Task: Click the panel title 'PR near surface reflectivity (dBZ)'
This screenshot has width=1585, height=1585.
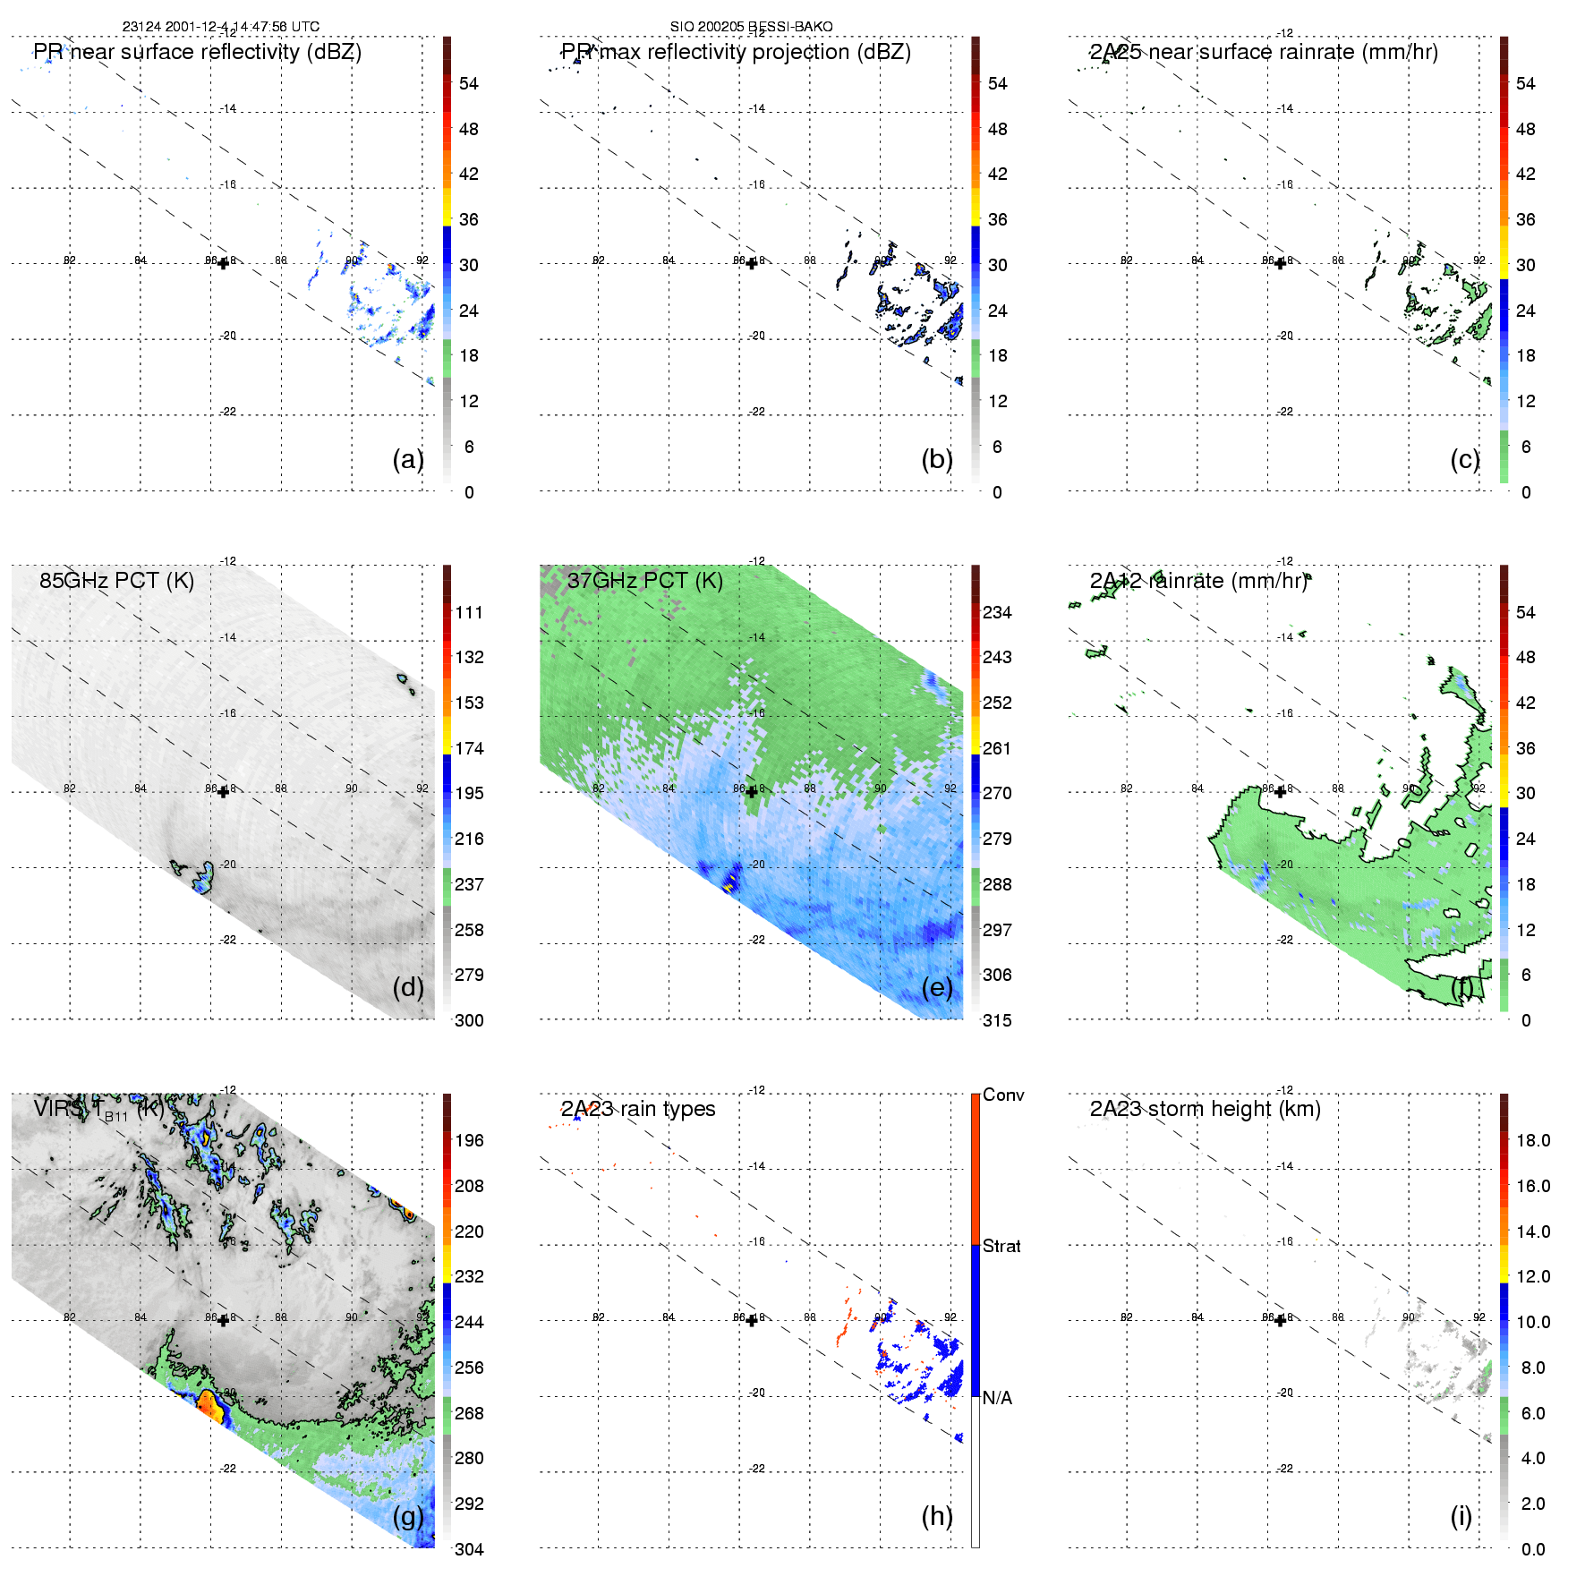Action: (197, 52)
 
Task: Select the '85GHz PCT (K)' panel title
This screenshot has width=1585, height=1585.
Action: (116, 580)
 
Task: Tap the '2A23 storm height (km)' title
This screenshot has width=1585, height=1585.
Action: (1205, 1109)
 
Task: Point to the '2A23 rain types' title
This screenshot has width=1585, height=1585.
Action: (638, 1109)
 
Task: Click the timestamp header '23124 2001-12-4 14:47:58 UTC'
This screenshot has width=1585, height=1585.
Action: (220, 27)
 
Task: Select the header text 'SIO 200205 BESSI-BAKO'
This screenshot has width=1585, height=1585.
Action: (751, 27)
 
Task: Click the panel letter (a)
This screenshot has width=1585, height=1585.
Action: (408, 459)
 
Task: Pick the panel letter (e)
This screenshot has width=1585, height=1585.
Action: (937, 987)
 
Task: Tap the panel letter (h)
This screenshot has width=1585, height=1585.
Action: (937, 1516)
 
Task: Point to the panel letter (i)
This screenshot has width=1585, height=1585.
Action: (1461, 1516)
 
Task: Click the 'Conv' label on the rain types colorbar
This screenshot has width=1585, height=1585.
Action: (1003, 1095)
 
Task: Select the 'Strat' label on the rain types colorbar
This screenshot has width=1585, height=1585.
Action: (1001, 1246)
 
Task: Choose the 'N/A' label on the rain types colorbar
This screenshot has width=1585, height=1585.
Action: (997, 1398)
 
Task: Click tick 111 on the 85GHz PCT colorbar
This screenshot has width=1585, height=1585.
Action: (469, 612)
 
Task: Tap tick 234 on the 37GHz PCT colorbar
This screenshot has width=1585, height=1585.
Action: (997, 612)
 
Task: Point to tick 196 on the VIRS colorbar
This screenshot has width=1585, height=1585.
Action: (469, 1140)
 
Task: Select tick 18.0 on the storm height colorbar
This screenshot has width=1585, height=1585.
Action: (1532, 1140)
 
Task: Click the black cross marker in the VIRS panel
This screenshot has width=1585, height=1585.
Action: (223, 1320)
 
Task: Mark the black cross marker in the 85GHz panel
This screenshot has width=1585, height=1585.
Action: (223, 791)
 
